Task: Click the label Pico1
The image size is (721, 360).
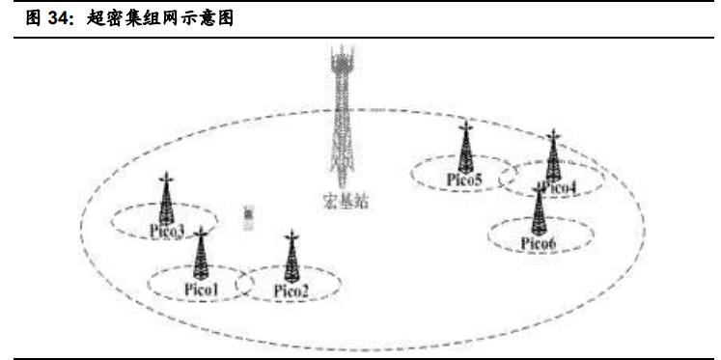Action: [x=203, y=289]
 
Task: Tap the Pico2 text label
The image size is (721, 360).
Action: [x=291, y=291]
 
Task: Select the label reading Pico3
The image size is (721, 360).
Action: [x=167, y=230]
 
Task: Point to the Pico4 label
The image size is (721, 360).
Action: [x=559, y=187]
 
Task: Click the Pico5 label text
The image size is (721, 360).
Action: [x=464, y=180]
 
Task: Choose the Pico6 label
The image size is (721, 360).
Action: [x=538, y=242]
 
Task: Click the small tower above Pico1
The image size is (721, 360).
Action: [x=201, y=255]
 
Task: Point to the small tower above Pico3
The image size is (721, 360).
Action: [x=167, y=200]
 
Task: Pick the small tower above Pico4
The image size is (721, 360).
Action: [x=553, y=155]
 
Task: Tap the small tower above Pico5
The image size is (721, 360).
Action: [x=465, y=147]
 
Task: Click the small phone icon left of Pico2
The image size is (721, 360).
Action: [x=248, y=218]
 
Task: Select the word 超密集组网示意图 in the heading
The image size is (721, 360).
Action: [x=158, y=18]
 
